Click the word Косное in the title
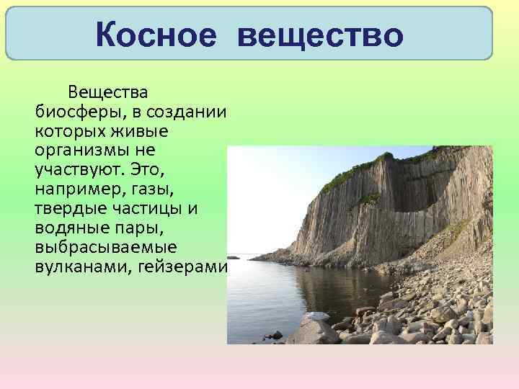155,35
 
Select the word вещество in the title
319,35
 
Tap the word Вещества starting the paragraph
108,93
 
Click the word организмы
84,152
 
